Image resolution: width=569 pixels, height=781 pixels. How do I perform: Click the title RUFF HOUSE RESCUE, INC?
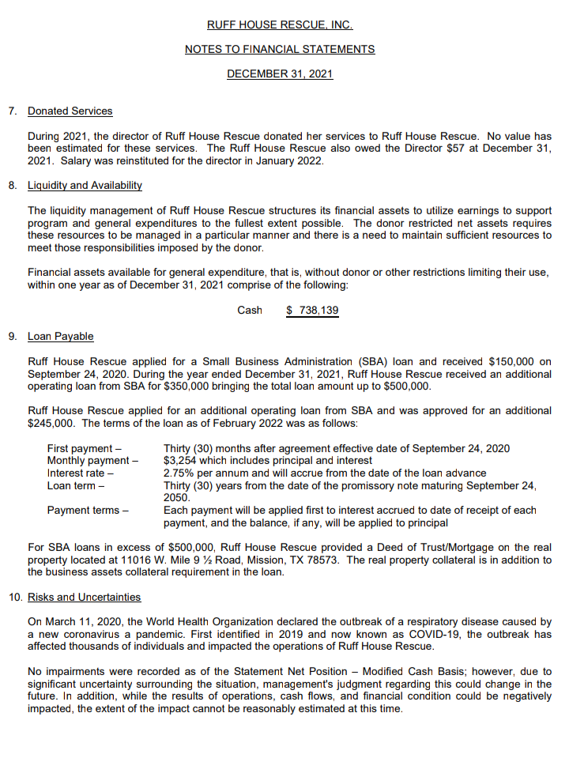pos(280,25)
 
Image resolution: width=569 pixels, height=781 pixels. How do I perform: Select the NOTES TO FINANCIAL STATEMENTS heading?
pos(280,49)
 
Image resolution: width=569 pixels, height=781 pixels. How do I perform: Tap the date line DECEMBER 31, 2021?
pos(280,74)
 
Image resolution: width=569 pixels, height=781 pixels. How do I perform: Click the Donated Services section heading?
pos(70,111)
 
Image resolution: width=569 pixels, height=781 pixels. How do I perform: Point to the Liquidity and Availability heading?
pos(85,185)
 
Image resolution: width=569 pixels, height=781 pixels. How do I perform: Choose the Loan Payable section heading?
pos(61,336)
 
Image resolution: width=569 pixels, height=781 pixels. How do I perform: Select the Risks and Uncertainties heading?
pos(85,597)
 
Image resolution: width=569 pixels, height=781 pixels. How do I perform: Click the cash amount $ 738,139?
pos(312,310)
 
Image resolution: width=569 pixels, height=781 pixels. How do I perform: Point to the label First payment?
pos(85,448)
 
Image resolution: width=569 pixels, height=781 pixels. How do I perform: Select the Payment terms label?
pos(88,510)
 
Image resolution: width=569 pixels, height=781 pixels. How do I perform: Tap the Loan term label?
pos(76,485)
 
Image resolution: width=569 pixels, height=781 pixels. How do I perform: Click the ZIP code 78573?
pos(345,560)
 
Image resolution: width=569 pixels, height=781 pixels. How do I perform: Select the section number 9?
pos(12,336)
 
